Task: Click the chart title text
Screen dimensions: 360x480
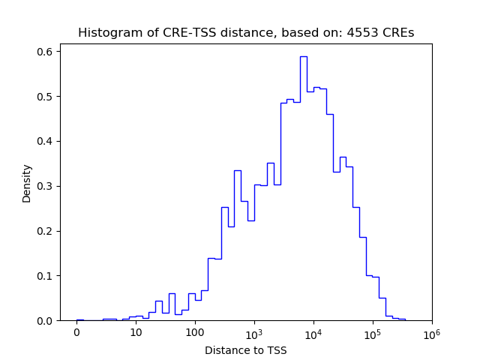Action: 246,33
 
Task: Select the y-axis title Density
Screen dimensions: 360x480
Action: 27,183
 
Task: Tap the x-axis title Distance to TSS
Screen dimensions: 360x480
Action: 246,350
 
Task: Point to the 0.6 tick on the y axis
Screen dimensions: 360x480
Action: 45,52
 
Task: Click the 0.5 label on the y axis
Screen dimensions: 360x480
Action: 45,97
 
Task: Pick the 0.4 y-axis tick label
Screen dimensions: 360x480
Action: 45,141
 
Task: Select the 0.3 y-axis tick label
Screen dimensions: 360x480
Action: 45,186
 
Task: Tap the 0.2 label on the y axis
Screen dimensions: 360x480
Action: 45,231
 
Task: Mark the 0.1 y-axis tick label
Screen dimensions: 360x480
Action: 45,276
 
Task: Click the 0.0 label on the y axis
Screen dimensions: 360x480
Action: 45,321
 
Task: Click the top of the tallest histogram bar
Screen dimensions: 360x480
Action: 303,56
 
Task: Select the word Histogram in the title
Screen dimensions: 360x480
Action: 106,33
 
